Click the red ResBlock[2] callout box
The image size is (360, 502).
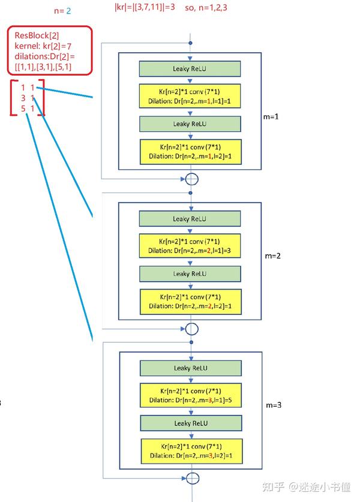[x=50, y=50]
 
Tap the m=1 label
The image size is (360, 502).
[x=271, y=117]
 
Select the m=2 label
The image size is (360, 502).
[x=273, y=256]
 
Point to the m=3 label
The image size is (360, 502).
[x=274, y=405]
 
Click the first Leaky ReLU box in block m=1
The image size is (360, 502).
[x=190, y=69]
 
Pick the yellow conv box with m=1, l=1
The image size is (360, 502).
[x=190, y=96]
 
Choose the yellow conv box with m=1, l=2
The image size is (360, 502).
[x=191, y=152]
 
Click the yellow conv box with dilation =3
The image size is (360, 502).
[x=190, y=246]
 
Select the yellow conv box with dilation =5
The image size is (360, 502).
[x=191, y=395]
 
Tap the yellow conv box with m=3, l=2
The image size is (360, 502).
[x=192, y=451]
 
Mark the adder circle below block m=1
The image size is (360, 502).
[x=191, y=179]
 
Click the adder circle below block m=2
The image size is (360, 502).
[x=192, y=329]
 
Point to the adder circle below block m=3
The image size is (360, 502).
[x=193, y=478]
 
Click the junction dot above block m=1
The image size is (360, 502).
[x=191, y=43]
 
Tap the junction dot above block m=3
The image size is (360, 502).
[x=191, y=342]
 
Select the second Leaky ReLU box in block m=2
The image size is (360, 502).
[x=190, y=274]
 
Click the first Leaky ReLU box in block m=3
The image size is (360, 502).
[x=191, y=368]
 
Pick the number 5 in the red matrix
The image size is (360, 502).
[x=23, y=109]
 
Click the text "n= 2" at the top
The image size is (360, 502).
[x=62, y=11]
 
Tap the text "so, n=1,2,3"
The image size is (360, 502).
[x=206, y=8]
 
